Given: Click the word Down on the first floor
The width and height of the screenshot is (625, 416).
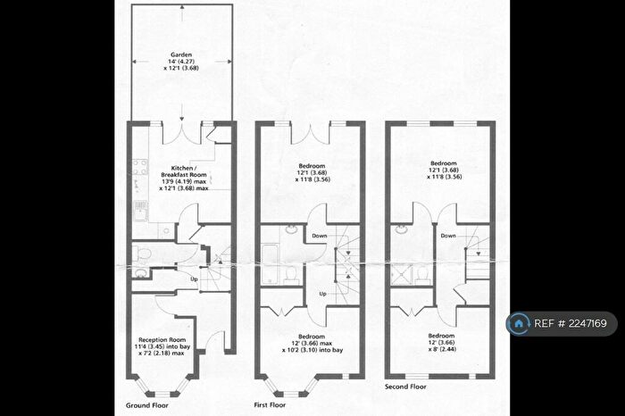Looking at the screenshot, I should [x=320, y=236].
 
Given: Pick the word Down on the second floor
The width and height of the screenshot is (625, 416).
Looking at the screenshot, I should [x=448, y=236].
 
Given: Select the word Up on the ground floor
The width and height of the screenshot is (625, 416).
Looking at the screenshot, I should [x=194, y=279].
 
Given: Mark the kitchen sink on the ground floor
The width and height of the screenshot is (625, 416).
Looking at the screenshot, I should [x=141, y=212].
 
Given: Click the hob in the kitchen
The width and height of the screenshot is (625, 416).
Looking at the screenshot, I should [x=139, y=165].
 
